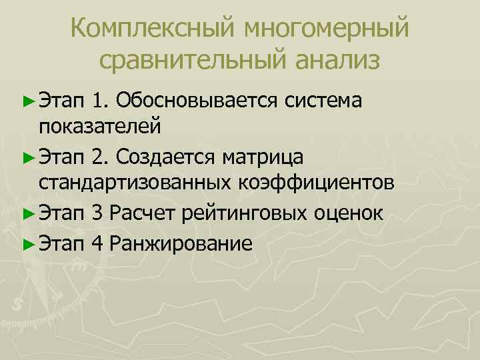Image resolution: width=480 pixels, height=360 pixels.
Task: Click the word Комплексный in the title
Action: (x=153, y=29)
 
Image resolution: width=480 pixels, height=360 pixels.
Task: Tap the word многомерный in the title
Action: (x=326, y=29)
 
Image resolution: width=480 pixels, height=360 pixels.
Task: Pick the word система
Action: (x=323, y=101)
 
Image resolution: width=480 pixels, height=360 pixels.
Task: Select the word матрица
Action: (x=263, y=157)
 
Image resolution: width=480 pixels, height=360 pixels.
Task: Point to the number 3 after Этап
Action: (x=97, y=214)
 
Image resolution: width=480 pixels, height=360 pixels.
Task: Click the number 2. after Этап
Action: (x=101, y=157)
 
